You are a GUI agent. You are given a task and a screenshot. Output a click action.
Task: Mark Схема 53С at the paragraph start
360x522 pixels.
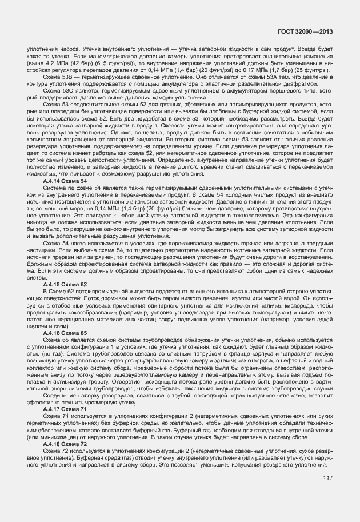coord(58,90)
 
